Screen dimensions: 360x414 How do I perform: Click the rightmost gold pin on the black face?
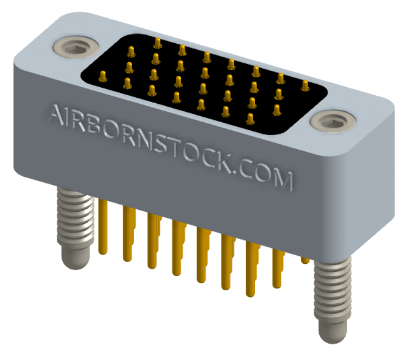pyautogui.click(x=305, y=85)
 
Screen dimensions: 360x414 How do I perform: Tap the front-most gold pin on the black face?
pyautogui.click(x=250, y=117)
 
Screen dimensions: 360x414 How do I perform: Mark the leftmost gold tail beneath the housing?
pyautogui.click(x=102, y=227)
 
